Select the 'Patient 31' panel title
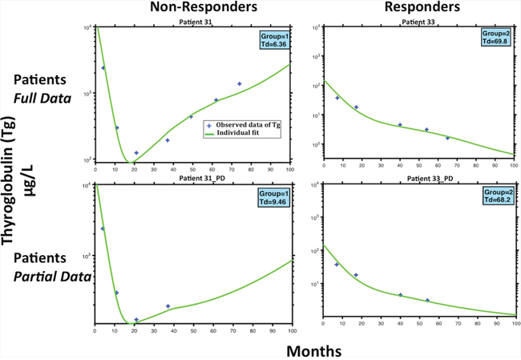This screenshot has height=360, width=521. (x=192, y=22)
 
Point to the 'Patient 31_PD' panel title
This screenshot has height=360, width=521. (x=192, y=179)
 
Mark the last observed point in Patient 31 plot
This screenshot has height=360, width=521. (x=240, y=83)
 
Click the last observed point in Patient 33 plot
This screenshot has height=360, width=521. (x=448, y=138)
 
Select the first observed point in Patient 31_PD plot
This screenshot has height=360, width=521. (x=103, y=229)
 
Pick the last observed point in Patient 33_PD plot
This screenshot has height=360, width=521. (x=427, y=300)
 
